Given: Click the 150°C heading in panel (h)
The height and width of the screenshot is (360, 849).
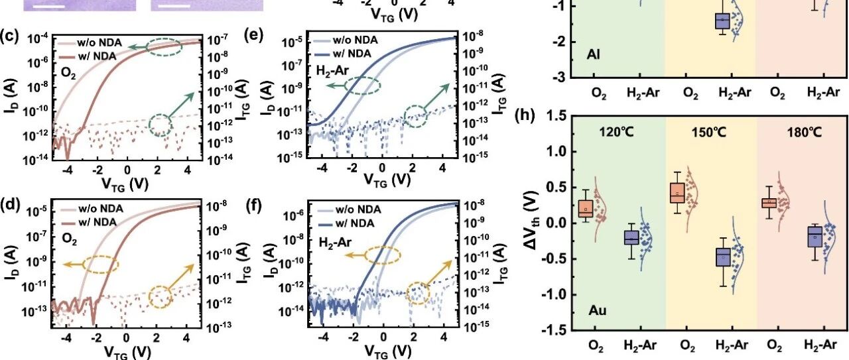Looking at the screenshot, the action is click(x=709, y=133).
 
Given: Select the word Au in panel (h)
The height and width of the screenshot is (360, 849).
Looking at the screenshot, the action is click(x=598, y=310).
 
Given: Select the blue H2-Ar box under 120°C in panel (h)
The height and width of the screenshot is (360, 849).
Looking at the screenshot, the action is click(x=631, y=237).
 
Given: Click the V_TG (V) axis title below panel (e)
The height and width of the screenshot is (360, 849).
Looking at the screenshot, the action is click(x=387, y=180).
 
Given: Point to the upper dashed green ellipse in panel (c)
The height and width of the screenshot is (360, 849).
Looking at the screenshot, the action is click(x=164, y=46).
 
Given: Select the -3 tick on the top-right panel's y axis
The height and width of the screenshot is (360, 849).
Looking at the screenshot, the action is click(x=560, y=78).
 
